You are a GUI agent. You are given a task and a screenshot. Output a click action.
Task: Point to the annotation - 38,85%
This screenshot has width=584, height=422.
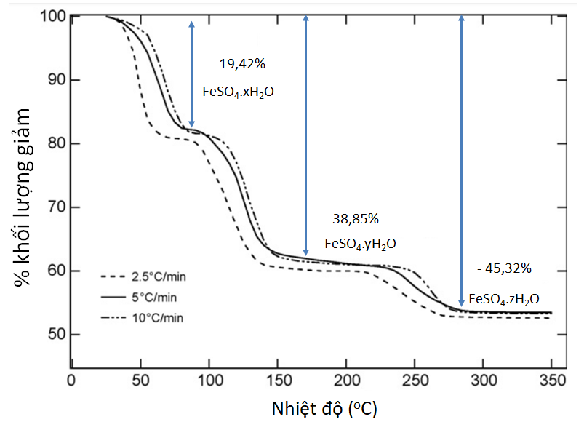click(x=351, y=218)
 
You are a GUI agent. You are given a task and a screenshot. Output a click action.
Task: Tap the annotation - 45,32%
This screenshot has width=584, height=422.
click(x=504, y=268)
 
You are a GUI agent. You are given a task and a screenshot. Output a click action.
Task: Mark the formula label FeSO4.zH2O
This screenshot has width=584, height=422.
click(x=505, y=298)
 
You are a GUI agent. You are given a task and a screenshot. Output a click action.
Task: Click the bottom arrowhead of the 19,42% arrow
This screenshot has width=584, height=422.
click(x=192, y=124)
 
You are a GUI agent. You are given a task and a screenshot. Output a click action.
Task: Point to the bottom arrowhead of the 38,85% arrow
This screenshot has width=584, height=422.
click(x=306, y=251)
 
